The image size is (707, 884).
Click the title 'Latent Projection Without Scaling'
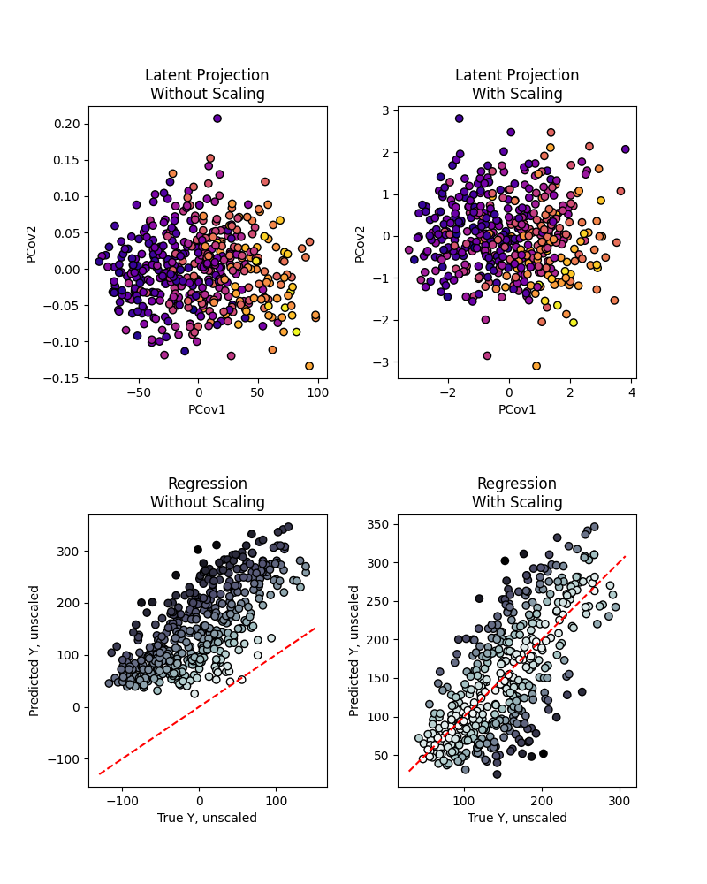coord(208,85)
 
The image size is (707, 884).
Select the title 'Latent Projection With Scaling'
coord(517,85)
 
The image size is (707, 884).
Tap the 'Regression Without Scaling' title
coord(208,493)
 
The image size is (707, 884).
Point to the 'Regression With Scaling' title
coord(517,493)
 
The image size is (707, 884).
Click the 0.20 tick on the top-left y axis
coord(66,124)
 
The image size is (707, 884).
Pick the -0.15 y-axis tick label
coord(64,378)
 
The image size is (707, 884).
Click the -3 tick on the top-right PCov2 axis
coord(383,362)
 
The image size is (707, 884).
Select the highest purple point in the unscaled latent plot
coord(217,118)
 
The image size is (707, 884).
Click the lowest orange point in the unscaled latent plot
coord(309,366)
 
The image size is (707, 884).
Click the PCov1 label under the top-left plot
coord(208,409)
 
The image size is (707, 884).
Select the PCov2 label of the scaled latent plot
coord(361,242)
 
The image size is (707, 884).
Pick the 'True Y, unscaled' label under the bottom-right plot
coord(517,818)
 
